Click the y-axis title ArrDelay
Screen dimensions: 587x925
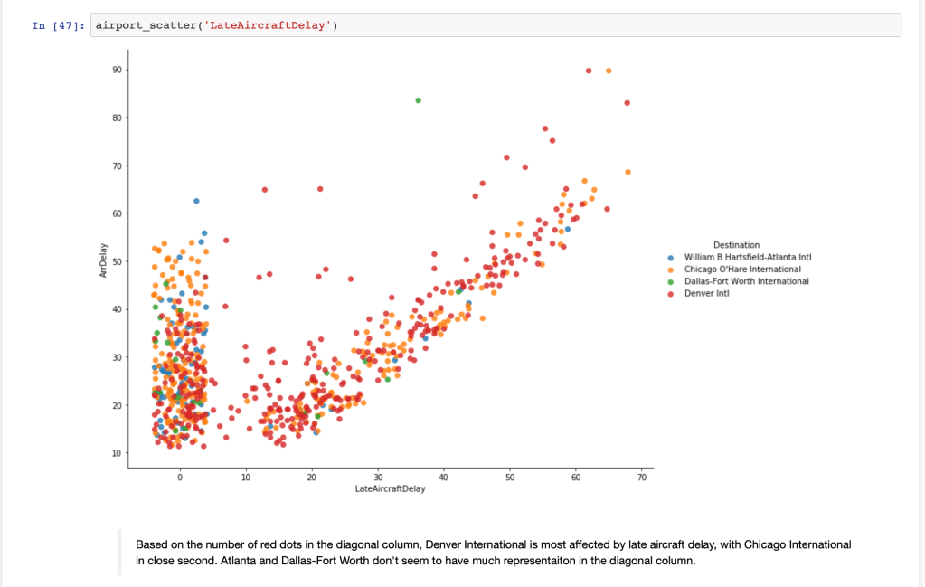point(104,260)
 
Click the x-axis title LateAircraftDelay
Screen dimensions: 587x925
point(390,489)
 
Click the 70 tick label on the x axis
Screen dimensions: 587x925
point(642,477)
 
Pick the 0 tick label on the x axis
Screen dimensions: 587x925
point(180,477)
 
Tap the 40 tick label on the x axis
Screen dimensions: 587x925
point(443,477)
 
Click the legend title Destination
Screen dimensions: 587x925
point(736,245)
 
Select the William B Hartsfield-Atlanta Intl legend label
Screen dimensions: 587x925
point(748,257)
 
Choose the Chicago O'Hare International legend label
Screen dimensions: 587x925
point(742,269)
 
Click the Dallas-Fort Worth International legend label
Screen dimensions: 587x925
point(746,281)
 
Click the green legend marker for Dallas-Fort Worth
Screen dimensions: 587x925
point(670,281)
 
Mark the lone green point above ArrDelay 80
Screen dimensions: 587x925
point(418,100)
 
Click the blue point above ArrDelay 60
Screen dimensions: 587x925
point(196,200)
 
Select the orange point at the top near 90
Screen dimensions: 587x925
point(609,71)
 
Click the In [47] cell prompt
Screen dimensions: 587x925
point(59,25)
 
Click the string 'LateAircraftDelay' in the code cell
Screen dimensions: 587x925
point(269,25)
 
